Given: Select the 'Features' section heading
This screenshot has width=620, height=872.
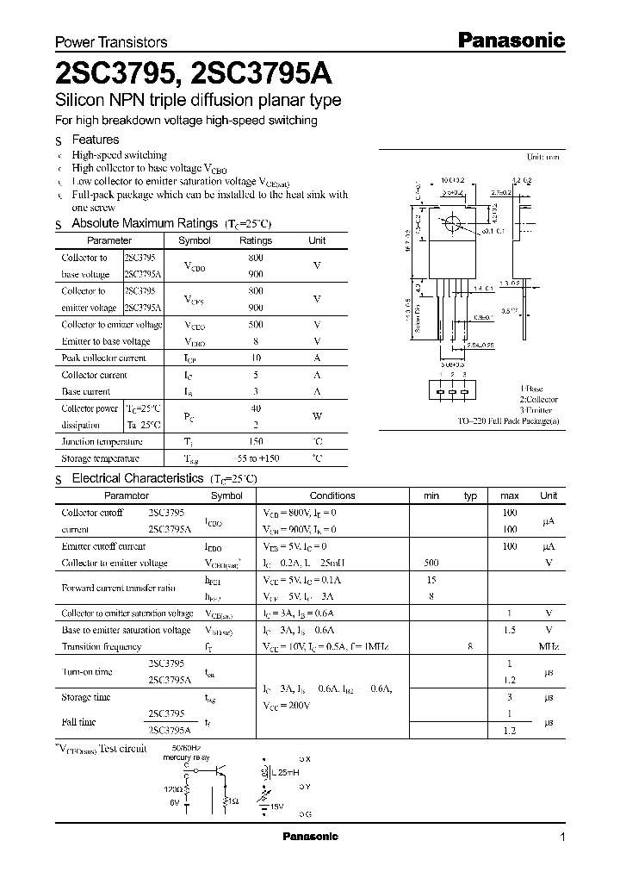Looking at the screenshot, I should click(x=95, y=140).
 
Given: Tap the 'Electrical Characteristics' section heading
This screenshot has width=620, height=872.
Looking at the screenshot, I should click(x=137, y=478).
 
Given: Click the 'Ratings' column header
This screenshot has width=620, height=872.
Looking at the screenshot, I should click(x=255, y=241).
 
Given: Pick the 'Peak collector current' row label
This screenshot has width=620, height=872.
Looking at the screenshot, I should click(x=103, y=358).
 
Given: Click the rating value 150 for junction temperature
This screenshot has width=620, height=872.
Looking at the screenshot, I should click(x=255, y=442).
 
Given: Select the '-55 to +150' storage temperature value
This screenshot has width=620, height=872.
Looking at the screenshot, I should click(x=255, y=459).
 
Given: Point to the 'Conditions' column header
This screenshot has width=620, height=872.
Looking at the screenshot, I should click(x=332, y=495).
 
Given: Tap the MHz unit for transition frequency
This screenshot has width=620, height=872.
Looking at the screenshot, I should click(x=549, y=646).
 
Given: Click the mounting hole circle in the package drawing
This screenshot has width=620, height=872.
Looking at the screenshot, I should click(x=449, y=225).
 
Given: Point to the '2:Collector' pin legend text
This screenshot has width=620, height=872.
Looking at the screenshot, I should click(x=538, y=400).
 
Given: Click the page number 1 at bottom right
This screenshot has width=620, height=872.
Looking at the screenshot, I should click(x=562, y=838).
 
